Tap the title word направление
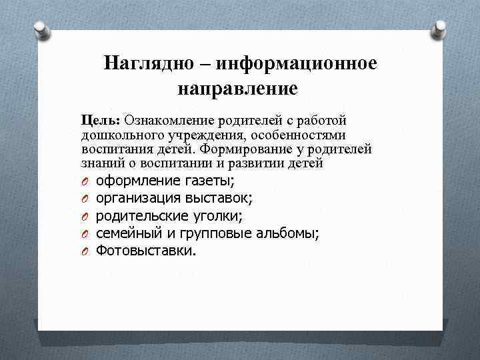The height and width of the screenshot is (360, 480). [x=237, y=87]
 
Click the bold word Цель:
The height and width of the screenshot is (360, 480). [x=100, y=120]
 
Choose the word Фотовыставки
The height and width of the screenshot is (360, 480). [x=146, y=251]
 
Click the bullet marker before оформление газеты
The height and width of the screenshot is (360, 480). [x=86, y=181]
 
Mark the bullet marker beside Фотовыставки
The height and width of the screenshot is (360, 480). [x=86, y=251]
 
